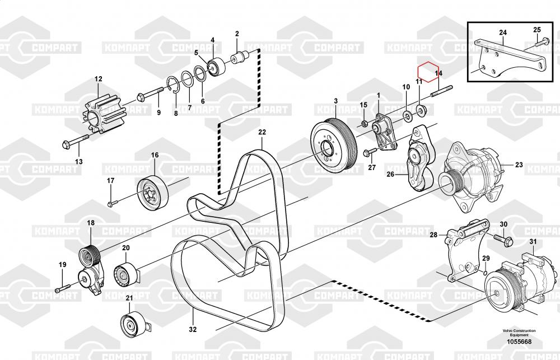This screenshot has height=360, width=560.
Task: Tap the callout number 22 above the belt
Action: coord(262,133)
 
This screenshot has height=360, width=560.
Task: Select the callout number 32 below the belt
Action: coord(193,329)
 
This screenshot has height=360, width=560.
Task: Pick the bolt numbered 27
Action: coord(370,151)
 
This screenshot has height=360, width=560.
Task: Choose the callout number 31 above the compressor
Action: coord(533,242)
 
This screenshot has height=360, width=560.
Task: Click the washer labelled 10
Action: coord(407,116)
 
